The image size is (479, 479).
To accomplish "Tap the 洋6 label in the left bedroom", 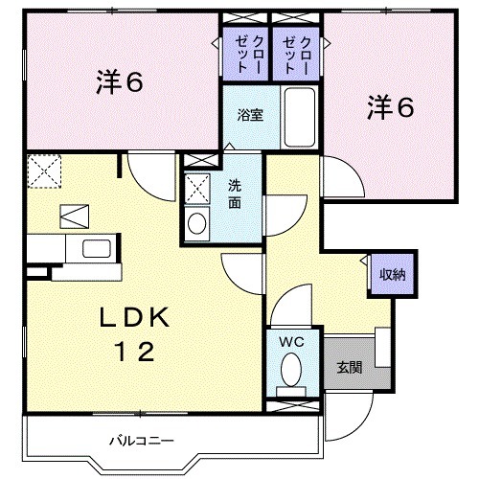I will point(120,83).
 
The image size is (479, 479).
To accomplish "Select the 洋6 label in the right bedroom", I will point(389,107).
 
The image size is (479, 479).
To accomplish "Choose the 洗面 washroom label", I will point(235,194).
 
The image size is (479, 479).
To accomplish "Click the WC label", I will point(290,342).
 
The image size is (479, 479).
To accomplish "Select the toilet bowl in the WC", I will point(291,369).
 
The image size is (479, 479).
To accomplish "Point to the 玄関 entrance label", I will point(349,367).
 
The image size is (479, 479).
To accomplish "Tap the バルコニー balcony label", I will point(140,441).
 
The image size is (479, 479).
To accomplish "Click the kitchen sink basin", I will point(97,249).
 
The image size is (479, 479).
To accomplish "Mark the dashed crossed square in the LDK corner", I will point(43,172).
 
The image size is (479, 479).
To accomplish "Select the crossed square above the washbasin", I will point(197,186).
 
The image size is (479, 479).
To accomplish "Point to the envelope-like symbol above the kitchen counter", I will point(74,215).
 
